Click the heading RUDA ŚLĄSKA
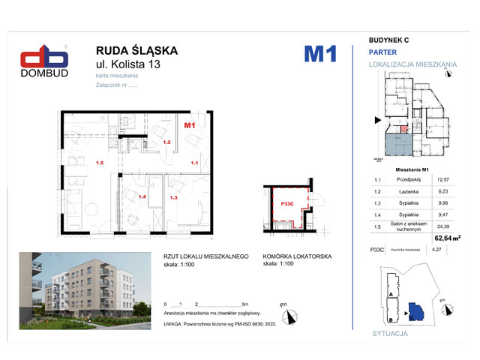tap(137, 50)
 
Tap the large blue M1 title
tap(319, 54)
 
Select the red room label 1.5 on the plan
tap(99, 162)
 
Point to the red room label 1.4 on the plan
tap(141, 197)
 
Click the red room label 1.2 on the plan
tap(167, 141)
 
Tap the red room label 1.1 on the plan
tap(193, 162)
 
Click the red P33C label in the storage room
tap(286, 203)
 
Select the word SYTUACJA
tap(391, 331)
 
